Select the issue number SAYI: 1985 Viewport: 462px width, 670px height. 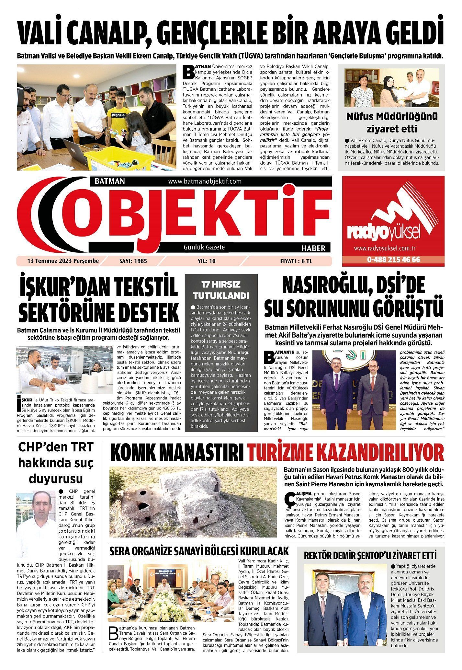coord(131,261)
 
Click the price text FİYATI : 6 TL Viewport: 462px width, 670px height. coord(296,261)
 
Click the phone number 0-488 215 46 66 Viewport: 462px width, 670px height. coord(393,260)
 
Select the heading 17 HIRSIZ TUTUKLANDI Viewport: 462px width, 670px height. coord(221,290)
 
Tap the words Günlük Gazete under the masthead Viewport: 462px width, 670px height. coord(204,247)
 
